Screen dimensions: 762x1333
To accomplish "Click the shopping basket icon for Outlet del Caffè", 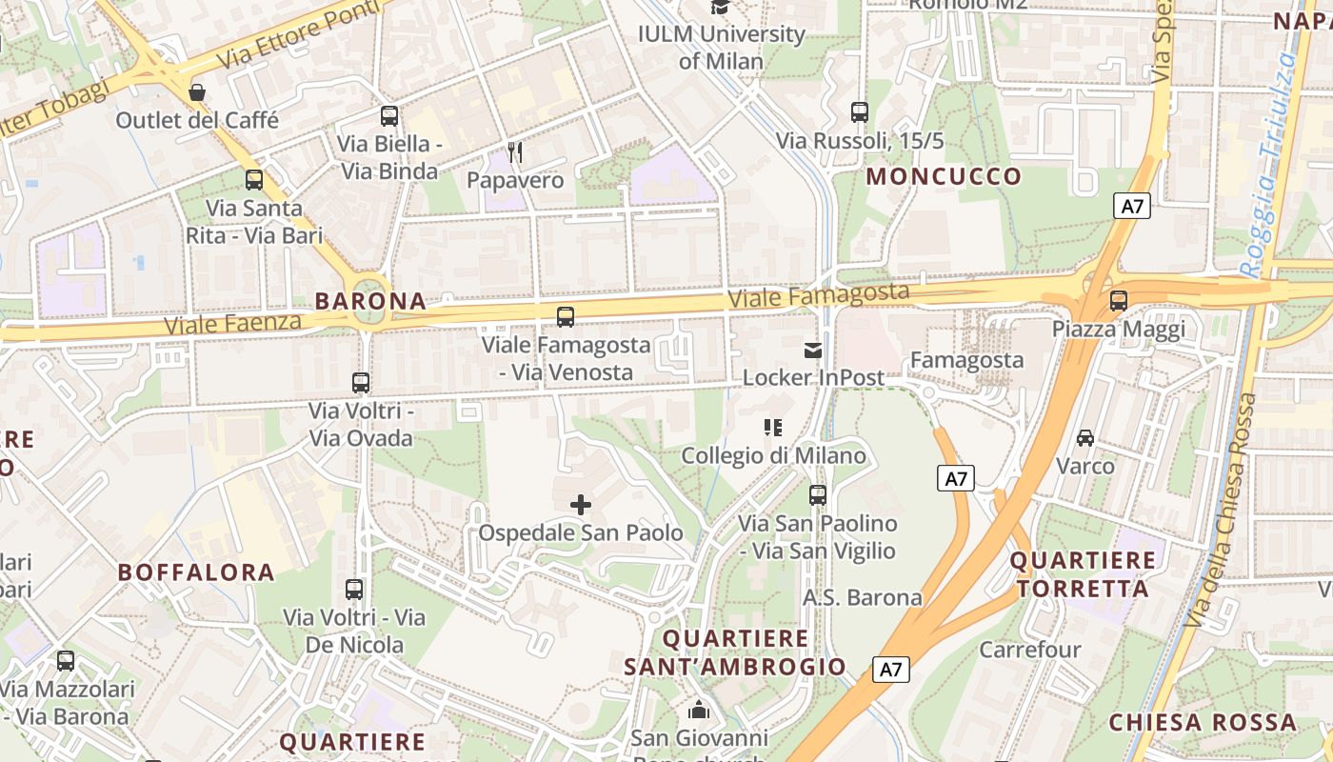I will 197,92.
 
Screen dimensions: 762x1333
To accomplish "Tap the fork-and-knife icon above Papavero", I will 515,151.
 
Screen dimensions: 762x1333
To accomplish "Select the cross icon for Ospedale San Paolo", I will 580,505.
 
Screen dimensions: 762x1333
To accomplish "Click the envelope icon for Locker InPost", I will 812,351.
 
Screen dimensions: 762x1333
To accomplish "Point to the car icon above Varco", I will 1084,438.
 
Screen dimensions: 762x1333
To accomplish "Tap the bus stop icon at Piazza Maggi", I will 1118,301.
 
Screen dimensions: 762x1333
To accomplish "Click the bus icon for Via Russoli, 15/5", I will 860,112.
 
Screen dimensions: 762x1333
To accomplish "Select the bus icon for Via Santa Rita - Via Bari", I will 254,180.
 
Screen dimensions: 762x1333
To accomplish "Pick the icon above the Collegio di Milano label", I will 773,428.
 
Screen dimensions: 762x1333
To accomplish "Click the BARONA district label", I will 370,301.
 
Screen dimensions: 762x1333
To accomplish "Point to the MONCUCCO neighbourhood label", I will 943,176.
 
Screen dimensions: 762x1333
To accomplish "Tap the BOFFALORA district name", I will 196,572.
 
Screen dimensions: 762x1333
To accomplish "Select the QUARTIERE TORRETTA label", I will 1083,574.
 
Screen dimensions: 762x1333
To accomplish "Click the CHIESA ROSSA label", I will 1203,722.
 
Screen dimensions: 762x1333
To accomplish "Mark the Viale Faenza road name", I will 232,324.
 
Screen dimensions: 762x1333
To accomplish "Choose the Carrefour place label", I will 1030,650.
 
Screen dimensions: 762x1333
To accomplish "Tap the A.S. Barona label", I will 863,597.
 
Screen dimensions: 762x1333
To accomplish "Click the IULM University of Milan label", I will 721,48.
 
